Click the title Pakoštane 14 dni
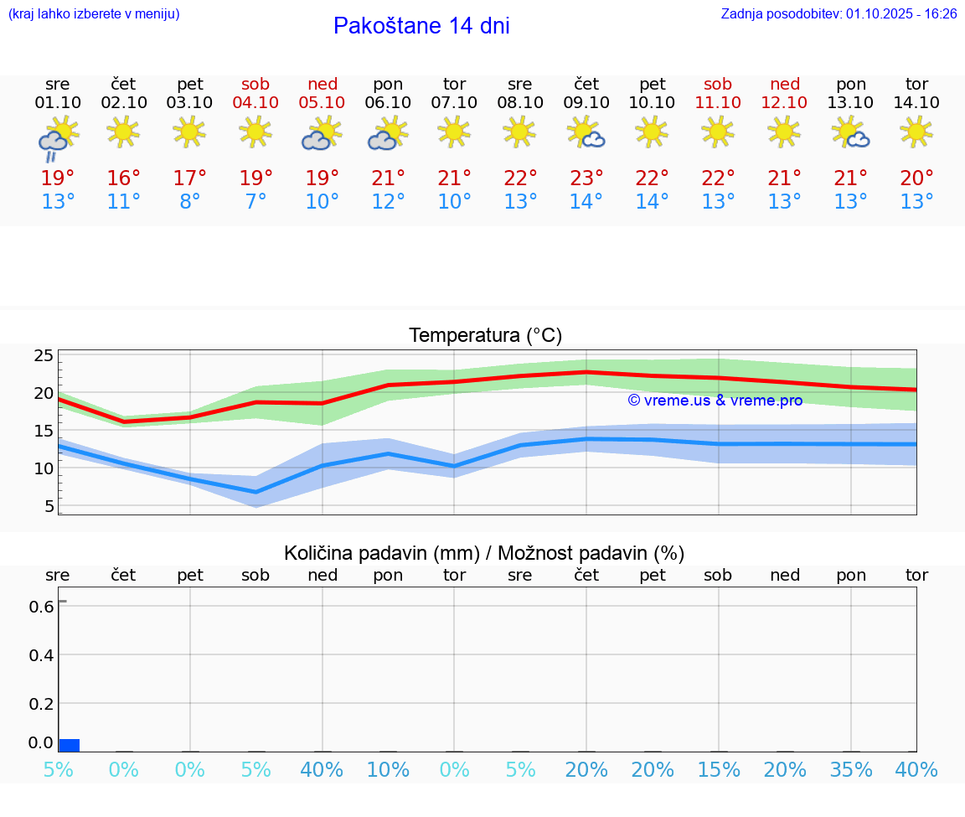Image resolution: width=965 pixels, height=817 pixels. [421, 26]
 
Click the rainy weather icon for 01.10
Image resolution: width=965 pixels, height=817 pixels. [57, 140]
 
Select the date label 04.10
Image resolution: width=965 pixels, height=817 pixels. [256, 102]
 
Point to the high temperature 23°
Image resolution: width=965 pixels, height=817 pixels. [586, 178]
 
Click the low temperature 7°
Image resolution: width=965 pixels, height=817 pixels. [256, 202]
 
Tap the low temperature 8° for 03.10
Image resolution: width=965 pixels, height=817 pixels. [190, 202]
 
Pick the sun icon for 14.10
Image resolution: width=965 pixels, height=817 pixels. [916, 131]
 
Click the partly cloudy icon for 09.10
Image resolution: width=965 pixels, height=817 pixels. [586, 132]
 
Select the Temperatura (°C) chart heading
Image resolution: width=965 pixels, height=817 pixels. [485, 335]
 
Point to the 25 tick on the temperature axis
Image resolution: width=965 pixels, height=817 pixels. [44, 355]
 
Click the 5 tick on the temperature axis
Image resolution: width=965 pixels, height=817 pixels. [49, 505]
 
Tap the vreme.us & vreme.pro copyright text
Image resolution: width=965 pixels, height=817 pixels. [715, 401]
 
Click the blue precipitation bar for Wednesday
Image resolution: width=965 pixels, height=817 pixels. [70, 745]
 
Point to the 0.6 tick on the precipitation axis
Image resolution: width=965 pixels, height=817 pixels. [43, 606]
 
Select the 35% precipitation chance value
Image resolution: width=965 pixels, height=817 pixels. [851, 769]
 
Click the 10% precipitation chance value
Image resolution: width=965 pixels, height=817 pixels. [388, 769]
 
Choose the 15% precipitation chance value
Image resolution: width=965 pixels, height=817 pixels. [719, 769]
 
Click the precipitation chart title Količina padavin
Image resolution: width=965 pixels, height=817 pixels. [380, 553]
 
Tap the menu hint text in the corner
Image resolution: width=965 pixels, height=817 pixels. [93, 13]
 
